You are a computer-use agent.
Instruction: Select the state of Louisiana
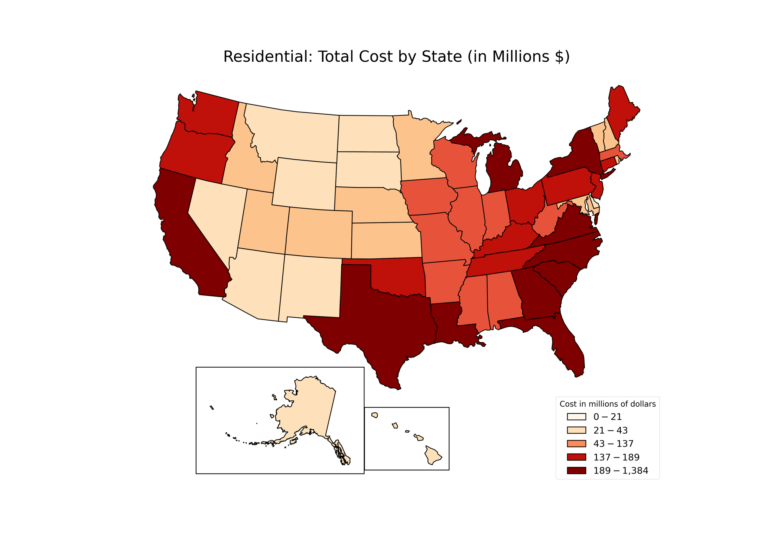[450, 327]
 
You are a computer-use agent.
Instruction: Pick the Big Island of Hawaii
[432, 455]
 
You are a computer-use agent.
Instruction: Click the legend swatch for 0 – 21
[576, 417]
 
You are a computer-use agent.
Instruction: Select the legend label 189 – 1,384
[620, 470]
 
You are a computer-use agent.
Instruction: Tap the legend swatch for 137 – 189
[576, 457]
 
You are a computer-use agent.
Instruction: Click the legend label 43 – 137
[613, 444]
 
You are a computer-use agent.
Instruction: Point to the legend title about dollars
[607, 404]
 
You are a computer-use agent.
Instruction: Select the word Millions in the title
[520, 57]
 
